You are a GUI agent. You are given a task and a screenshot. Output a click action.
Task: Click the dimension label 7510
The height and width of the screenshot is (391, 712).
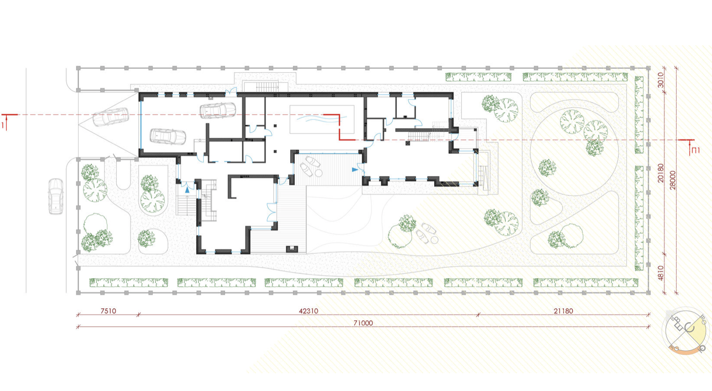pos(108,311)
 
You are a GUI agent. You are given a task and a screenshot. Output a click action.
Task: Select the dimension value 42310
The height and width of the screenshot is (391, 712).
pos(309,311)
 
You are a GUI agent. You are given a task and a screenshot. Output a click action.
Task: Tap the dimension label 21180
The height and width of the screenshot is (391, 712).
pos(563,311)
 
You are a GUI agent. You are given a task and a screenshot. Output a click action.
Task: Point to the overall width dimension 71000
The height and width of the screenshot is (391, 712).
pos(363,323)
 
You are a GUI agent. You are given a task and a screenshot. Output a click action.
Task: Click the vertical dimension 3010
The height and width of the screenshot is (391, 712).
pos(661,80)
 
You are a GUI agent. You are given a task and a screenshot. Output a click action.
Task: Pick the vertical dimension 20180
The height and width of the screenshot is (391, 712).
pos(661,173)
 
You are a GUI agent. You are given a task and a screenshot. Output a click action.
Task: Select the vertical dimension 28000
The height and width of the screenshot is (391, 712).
pos(672,180)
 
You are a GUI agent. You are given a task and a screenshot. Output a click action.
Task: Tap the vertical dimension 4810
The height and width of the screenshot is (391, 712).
pos(661,273)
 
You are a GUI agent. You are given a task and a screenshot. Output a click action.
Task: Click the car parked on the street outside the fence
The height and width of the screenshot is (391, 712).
pos(55,196)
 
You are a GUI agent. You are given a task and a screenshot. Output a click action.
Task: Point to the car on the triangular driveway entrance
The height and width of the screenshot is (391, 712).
pos(111,117)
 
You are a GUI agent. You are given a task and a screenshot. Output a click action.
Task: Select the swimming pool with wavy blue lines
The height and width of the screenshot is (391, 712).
pos(322,120)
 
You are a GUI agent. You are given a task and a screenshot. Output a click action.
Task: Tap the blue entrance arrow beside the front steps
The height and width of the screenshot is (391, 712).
pos(187,190)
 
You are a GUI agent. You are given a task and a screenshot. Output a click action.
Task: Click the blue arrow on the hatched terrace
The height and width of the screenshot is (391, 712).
pos(355,170)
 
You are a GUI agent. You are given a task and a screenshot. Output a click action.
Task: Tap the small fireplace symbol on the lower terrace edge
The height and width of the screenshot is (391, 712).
pos(292,249)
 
